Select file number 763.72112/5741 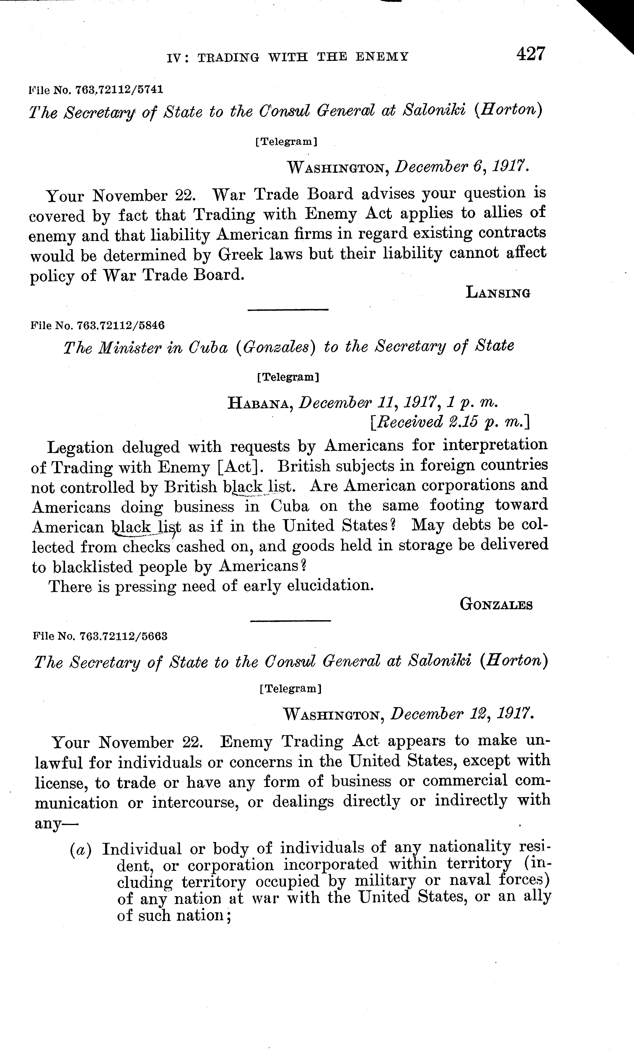tap(119, 90)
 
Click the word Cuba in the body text tap(289, 506)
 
